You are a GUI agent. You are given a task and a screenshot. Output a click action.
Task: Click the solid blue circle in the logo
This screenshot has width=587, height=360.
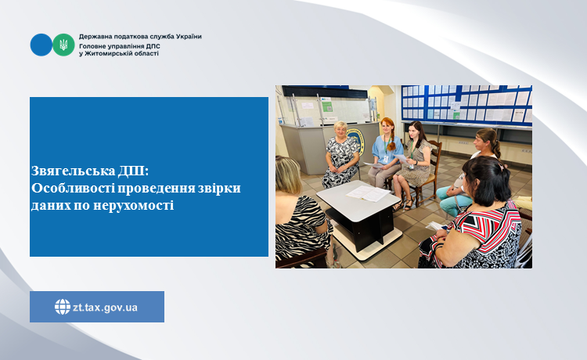tap(41, 45)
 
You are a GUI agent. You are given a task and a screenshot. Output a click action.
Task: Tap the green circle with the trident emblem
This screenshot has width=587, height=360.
tap(63, 45)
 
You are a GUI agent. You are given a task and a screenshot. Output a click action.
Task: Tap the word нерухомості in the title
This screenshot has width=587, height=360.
tap(133, 206)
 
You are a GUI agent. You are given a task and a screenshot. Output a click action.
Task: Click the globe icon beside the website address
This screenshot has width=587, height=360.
tap(63, 307)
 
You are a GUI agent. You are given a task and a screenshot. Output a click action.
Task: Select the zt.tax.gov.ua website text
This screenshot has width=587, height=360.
tap(105, 308)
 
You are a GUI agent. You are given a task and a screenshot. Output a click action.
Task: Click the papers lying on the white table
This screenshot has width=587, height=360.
tap(368, 193)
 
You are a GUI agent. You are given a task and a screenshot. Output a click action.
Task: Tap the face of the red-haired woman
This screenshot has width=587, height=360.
tap(387, 128)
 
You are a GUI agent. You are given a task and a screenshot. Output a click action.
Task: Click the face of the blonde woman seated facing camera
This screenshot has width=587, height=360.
tap(340, 131)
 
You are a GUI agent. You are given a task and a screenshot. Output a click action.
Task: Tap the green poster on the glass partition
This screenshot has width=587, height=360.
tap(327, 106)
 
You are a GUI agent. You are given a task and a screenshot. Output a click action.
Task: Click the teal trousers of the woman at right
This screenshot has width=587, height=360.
tap(454, 201)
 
